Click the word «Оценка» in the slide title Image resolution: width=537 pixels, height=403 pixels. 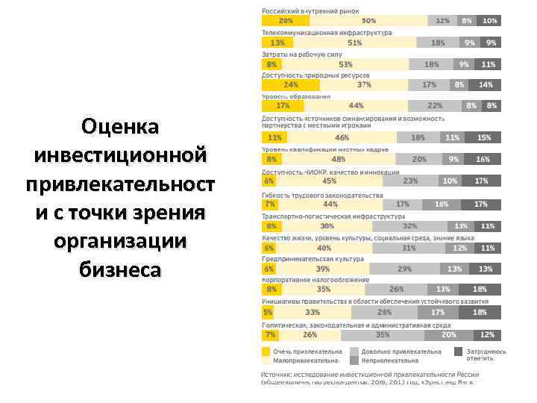[121, 128]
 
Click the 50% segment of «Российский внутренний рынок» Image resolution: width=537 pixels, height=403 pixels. [368, 21]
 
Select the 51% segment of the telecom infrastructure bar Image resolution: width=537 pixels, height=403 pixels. [355, 43]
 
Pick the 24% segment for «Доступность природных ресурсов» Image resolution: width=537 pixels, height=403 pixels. [284, 85]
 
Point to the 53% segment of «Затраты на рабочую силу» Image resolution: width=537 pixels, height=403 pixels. [346, 64]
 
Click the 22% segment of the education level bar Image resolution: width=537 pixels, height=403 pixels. [435, 106]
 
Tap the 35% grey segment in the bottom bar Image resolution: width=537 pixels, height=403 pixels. [383, 335]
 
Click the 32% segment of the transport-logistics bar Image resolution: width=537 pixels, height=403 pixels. [409, 225]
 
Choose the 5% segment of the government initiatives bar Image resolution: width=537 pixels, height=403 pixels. [266, 312]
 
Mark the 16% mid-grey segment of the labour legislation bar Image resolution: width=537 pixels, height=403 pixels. [442, 204]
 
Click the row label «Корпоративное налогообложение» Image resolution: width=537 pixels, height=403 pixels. [315, 280]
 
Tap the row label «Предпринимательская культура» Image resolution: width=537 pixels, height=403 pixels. [313, 258]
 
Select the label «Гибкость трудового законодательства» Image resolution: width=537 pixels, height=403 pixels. [321, 195]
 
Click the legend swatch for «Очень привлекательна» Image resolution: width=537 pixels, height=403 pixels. [266, 351]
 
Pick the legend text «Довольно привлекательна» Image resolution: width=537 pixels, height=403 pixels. [401, 351]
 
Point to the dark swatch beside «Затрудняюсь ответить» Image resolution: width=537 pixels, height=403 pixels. [457, 351]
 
